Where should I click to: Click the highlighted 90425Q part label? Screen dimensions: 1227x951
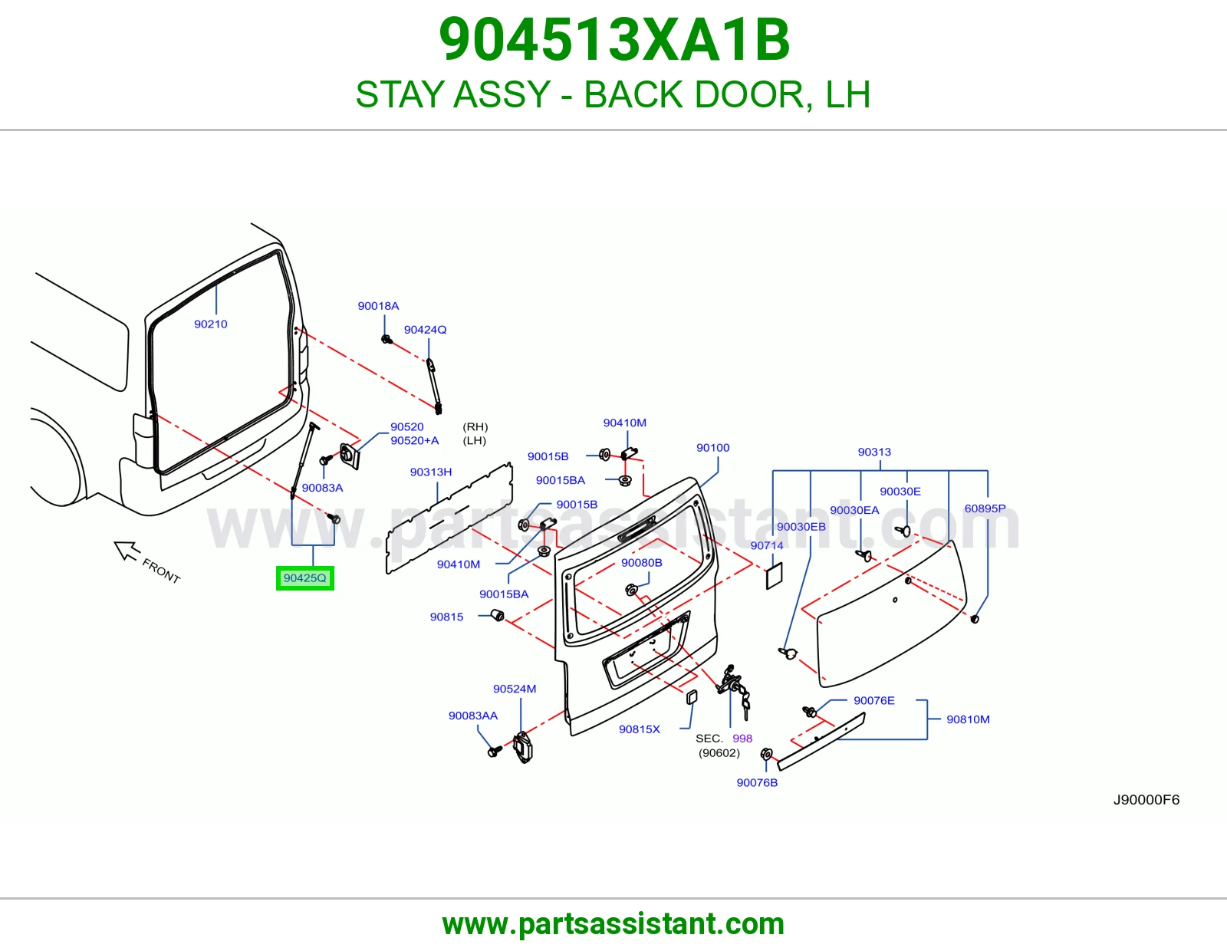(x=305, y=578)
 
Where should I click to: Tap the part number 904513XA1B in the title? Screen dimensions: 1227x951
(x=613, y=40)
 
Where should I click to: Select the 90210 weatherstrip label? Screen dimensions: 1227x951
(x=211, y=324)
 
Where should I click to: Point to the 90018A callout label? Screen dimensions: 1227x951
(x=378, y=306)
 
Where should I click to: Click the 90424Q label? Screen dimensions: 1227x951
(x=425, y=330)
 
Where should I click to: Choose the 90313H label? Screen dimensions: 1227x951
(x=431, y=472)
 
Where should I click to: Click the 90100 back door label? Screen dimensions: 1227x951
(x=712, y=448)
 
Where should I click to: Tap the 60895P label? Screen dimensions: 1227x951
(x=985, y=508)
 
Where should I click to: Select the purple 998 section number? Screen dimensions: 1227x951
(x=742, y=738)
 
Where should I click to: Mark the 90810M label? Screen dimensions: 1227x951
(x=968, y=719)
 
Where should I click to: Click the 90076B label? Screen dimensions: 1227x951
(x=757, y=783)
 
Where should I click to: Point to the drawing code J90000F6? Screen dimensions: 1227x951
(x=1146, y=800)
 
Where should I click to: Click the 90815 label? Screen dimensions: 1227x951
(x=446, y=617)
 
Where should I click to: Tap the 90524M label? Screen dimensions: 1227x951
(x=515, y=689)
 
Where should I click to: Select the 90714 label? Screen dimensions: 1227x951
(x=767, y=545)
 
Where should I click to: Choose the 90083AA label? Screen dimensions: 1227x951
(x=473, y=716)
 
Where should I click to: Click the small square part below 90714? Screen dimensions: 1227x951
(x=774, y=576)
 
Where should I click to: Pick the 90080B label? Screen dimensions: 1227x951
(x=641, y=563)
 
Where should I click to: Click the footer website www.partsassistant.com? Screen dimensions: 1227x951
(x=613, y=924)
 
